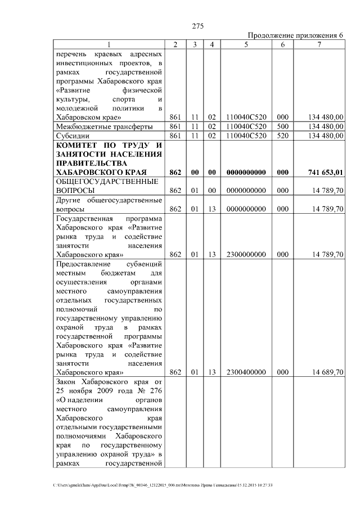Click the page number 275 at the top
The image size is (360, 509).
point(197,26)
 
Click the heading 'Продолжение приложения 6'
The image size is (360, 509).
point(295,35)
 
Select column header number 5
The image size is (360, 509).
point(246,44)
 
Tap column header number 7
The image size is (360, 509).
point(319,44)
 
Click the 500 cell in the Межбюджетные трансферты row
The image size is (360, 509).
point(283,127)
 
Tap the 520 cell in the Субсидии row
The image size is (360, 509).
point(283,136)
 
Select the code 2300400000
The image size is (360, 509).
point(246,372)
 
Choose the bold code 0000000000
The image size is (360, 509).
point(246,172)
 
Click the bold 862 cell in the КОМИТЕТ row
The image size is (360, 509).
point(174,172)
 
